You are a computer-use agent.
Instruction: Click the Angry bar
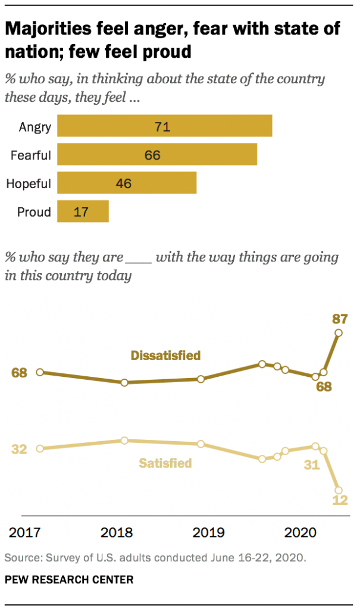tap(165, 126)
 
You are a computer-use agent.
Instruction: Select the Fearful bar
tap(157, 155)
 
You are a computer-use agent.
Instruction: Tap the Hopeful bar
tap(127, 183)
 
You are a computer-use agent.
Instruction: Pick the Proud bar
tap(83, 211)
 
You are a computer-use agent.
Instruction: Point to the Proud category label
tap(35, 211)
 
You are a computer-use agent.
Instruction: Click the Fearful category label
tap(31, 155)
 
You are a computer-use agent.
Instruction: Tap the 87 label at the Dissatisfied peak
tap(339, 318)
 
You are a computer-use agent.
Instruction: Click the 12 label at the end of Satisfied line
tap(339, 500)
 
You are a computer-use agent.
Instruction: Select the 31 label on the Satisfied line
tap(312, 465)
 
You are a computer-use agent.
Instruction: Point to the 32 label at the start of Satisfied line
tap(20, 449)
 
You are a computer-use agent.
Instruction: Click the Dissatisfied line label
tap(165, 355)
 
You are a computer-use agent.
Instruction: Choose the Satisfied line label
tap(165, 463)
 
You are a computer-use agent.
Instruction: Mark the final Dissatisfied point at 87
tap(339, 333)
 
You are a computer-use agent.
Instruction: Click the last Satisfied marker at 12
tap(339, 489)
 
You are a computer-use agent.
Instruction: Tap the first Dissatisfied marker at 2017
tap(40, 372)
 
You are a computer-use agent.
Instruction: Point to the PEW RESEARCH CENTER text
tap(69, 579)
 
